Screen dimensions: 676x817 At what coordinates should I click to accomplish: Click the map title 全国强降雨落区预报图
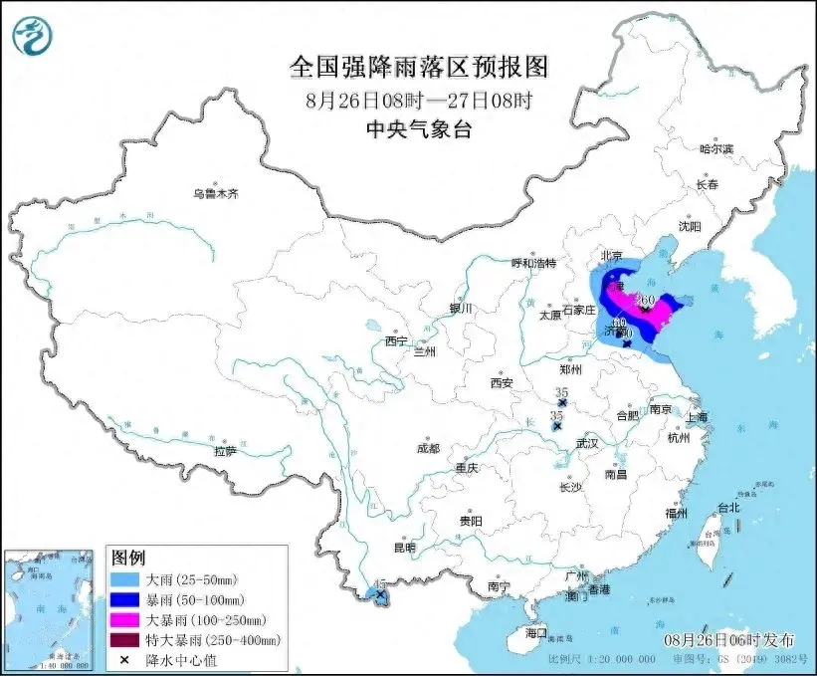pyautogui.click(x=418, y=67)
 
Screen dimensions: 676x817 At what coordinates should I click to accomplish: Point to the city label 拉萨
pyautogui.click(x=225, y=450)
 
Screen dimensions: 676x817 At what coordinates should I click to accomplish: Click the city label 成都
pyautogui.click(x=429, y=448)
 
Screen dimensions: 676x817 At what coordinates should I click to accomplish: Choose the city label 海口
pyautogui.click(x=537, y=632)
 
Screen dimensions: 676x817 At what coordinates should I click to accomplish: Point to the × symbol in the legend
pyautogui.click(x=125, y=659)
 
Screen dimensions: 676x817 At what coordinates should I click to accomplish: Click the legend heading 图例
pyautogui.click(x=129, y=557)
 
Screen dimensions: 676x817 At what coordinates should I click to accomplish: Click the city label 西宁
pyautogui.click(x=397, y=340)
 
